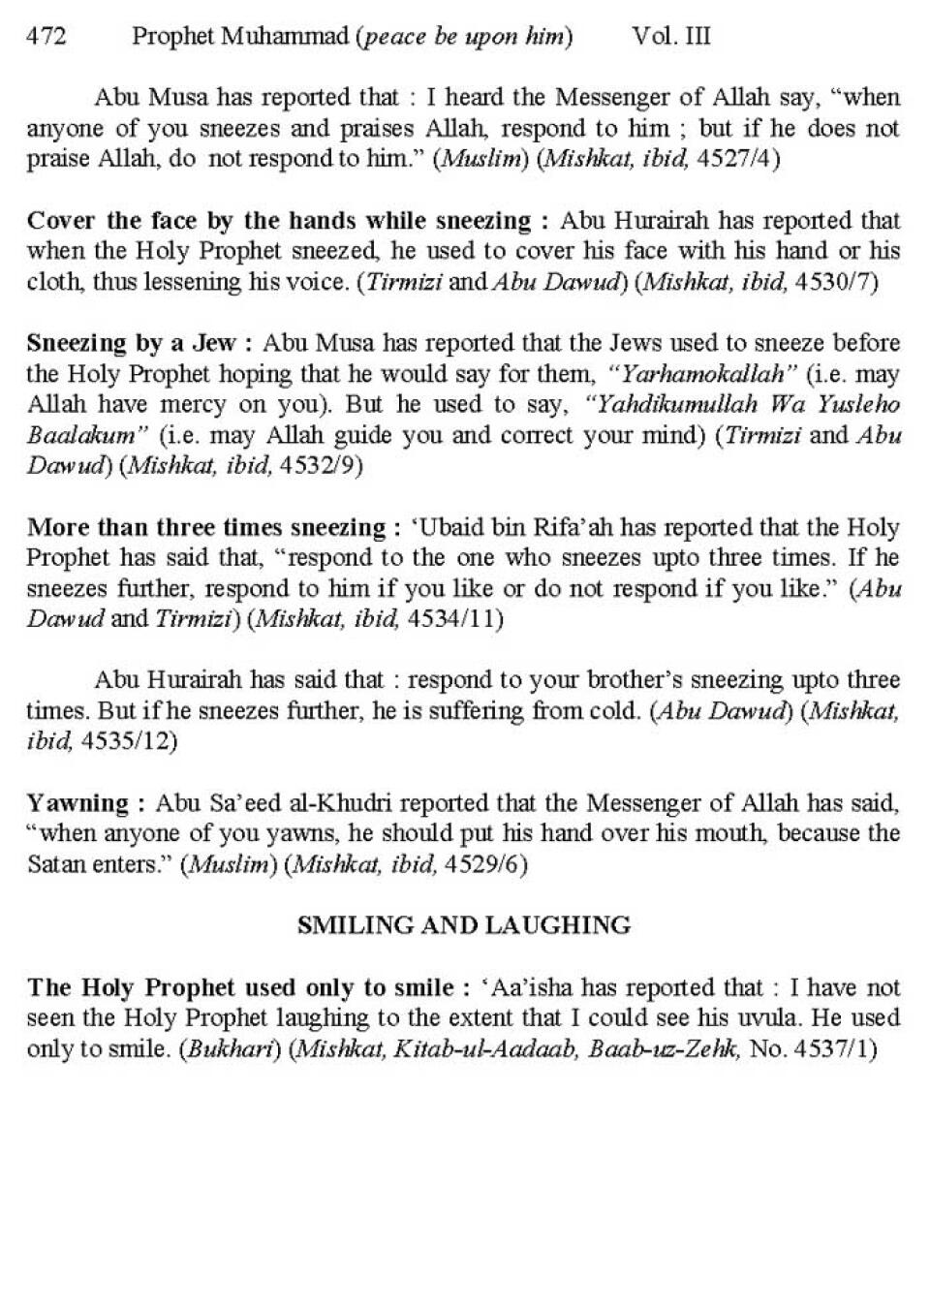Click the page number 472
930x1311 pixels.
46,37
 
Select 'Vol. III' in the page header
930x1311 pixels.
670,37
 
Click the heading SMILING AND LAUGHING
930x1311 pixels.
464,925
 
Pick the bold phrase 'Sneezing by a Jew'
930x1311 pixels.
132,343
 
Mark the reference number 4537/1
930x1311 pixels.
833,1049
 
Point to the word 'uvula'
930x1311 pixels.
768,1018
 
